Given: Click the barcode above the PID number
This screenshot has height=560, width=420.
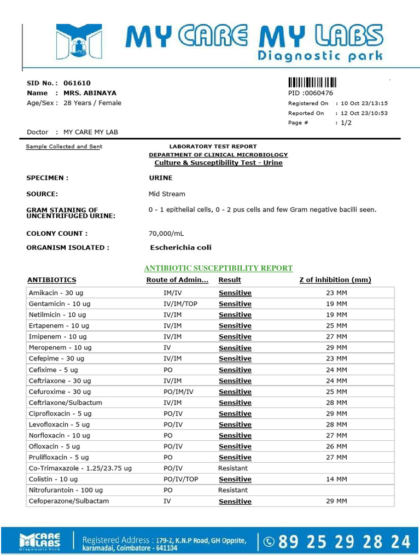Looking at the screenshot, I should tap(312, 83).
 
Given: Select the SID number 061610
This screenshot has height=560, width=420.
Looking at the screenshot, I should tap(77, 84).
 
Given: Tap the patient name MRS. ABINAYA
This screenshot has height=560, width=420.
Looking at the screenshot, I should tap(90, 93).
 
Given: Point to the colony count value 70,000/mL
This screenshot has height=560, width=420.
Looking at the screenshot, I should tap(166, 234).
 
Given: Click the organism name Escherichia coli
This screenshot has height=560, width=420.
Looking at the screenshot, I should tap(180, 247).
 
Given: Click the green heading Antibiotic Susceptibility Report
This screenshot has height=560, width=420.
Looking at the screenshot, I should tap(218, 268).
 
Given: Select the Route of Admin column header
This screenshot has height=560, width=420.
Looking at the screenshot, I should tap(177, 280).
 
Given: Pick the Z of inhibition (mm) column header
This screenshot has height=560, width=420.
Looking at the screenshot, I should tap(335, 280).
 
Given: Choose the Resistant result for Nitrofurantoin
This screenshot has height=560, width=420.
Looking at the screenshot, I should tap(232, 490).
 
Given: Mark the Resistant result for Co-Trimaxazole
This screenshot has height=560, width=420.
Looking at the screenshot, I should tap(232, 468).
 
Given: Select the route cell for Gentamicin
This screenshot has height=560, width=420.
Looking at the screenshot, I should tap(180, 304).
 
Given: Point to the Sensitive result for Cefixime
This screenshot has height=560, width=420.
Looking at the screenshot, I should tap(235, 370).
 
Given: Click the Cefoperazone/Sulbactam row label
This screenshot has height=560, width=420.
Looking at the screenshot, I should tap(68, 501).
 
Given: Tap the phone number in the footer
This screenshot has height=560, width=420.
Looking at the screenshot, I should tap(345, 541).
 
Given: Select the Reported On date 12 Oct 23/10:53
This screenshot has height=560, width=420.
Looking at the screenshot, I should tap(364, 113).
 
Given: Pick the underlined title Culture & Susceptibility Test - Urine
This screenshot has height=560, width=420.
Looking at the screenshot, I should tap(218, 163).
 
